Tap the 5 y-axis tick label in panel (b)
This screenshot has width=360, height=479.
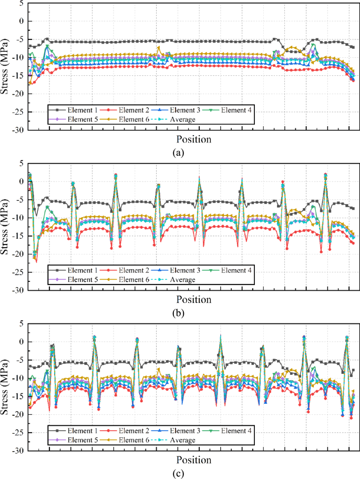click(x=21, y=164)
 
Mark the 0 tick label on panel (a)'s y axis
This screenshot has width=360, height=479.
click(x=21, y=22)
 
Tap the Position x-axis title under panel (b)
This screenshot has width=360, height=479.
click(x=193, y=300)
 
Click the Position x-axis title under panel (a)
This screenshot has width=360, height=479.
click(x=193, y=139)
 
